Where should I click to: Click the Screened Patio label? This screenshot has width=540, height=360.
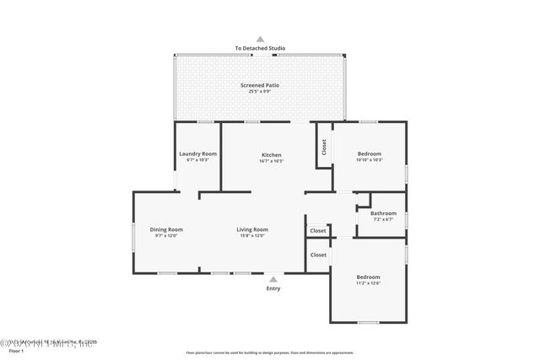click(260, 85)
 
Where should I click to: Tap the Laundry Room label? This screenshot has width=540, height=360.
click(197, 153)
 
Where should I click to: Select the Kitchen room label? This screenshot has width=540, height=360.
click(271, 154)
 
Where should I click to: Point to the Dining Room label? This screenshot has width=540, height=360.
click(166, 229)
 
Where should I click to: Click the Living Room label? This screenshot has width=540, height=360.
click(251, 229)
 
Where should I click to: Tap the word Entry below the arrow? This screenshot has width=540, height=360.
click(273, 288)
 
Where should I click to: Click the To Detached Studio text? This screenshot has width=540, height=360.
click(260, 48)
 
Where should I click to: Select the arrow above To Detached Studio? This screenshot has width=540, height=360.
click(260, 39)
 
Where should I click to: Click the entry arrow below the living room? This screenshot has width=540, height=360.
click(273, 278)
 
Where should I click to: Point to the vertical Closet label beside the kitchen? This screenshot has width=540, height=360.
click(324, 148)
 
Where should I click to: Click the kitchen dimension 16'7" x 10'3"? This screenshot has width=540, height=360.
click(271, 161)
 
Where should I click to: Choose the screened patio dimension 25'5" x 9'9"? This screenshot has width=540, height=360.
click(260, 91)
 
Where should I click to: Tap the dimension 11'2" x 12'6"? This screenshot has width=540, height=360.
click(368, 283)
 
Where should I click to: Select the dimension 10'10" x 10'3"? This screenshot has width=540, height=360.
click(370, 160)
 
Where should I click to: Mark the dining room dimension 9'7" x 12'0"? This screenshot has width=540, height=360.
click(166, 236)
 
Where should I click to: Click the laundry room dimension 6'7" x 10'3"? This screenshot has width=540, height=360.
click(197, 160)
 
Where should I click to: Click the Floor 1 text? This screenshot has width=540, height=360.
click(16, 350)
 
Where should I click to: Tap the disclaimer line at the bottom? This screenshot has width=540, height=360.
click(270, 353)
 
